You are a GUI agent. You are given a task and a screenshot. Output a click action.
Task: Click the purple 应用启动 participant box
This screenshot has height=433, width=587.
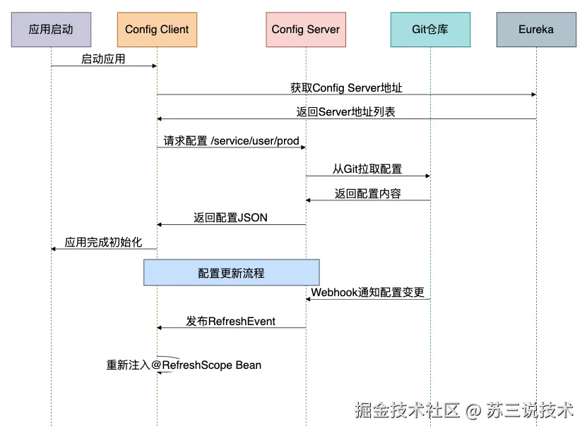pos(51,30)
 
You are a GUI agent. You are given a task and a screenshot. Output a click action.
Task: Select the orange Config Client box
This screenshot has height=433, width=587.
pos(157,30)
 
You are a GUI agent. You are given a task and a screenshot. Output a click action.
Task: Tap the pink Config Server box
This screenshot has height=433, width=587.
pos(306,30)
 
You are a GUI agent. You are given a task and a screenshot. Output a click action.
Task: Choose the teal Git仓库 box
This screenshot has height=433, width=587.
pos(430,30)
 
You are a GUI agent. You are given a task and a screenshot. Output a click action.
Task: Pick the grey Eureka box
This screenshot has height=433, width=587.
pos(536,30)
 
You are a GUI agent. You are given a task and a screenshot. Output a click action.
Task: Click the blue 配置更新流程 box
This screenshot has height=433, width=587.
pos(232,272)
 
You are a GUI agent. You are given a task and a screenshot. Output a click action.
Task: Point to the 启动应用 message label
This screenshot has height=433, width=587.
pos(103,59)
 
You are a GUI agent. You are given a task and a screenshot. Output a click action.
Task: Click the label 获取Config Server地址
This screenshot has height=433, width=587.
pos(346,87)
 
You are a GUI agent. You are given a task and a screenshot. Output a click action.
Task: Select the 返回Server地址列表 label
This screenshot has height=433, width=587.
pos(346,111)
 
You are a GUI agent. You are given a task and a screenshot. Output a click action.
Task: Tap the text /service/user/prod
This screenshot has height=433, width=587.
pos(255,141)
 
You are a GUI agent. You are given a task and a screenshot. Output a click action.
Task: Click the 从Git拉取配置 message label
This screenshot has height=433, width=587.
pos(367,169)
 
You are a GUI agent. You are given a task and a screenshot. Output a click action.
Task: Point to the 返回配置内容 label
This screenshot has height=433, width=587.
pos(367,193)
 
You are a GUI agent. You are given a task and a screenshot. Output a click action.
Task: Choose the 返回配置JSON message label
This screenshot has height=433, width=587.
pos(230,217)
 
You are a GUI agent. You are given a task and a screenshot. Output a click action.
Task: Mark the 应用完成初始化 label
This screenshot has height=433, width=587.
pos(103,242)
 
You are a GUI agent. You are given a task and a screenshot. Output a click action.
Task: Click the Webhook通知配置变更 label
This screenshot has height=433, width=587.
pos(367,292)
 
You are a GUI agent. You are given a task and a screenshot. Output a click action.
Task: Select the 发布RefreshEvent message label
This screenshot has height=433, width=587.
pos(230,322)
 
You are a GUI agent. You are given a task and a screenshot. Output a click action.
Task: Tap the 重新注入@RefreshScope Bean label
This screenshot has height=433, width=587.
pos(184,365)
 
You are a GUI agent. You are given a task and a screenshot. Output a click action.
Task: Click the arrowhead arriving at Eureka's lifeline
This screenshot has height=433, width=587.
pos(534,94)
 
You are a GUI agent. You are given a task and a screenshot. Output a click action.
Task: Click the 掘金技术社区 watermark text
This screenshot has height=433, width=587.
pos(407,410)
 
